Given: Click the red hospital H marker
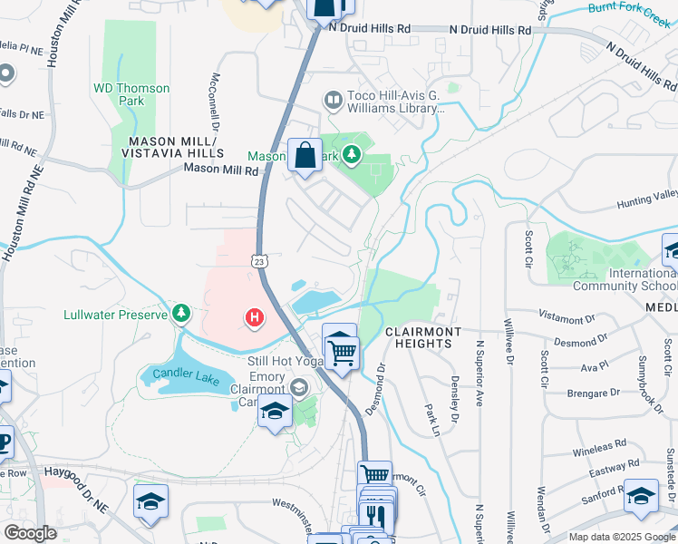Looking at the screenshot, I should coord(256,317).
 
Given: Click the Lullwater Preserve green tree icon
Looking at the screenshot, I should coord(182,314).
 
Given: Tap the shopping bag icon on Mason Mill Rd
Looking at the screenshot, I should coord(305,155).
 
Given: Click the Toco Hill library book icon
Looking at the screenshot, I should coord(333,98).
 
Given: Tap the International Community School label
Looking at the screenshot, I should coord(625,279).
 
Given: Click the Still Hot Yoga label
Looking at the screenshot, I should coord(285,360).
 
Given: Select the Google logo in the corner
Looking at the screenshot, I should coord(30,532).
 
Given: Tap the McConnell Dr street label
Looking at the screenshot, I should coord(217,101).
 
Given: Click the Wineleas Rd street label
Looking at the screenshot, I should coord(599,448).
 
